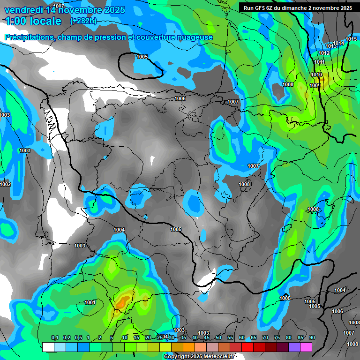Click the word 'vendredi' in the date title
click(23, 10)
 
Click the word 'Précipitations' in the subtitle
click(28, 37)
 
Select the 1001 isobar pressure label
click(90, 302)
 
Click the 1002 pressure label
click(5, 185)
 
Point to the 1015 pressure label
click(351, 39)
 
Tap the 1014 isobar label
click(338, 43)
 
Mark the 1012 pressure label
click(324, 53)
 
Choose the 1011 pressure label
click(320, 62)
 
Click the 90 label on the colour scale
click(312, 337)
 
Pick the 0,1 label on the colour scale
click(55, 337)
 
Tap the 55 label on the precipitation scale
click(230, 337)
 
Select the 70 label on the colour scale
click(265, 337)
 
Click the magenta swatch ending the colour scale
click(306, 347)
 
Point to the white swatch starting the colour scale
click(48, 347)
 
